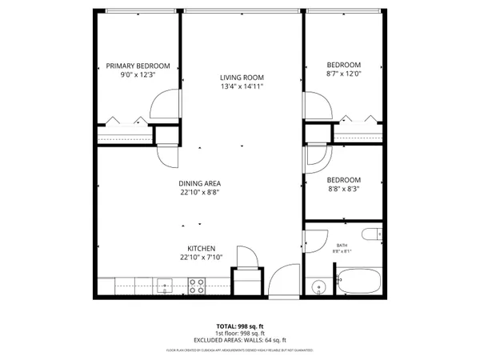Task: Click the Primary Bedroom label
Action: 138,66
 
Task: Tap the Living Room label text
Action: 241,78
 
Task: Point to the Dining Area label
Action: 200,182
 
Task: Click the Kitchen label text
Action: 200,248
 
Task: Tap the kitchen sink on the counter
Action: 166,284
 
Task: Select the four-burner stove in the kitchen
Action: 197,285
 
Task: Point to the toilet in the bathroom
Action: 369,234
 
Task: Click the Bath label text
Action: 342,246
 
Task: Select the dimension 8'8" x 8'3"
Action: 344,190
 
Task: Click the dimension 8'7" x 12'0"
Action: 344,74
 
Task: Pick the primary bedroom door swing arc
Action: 164,104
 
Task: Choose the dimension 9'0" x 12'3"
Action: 138,74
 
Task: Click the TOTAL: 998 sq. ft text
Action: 240,326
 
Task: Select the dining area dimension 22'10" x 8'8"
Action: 200,192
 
